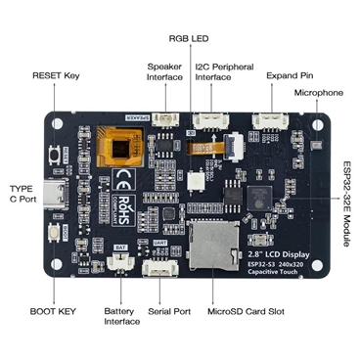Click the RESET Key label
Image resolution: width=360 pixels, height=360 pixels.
(58, 75)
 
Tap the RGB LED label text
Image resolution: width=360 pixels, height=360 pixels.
(190, 39)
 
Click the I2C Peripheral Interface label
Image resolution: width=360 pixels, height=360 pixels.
(224, 73)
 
